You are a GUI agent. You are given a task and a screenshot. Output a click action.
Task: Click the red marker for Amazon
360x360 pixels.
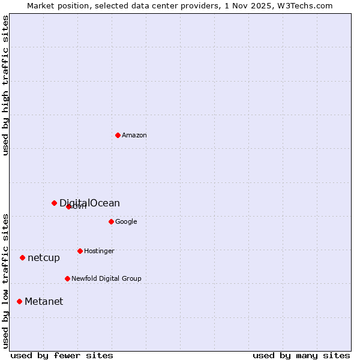(118, 135)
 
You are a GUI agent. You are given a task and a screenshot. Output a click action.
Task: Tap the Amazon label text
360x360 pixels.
(134, 136)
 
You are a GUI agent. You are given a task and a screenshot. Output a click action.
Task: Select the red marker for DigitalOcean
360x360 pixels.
(54, 203)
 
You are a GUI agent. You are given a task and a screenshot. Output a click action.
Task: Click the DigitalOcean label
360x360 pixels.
(89, 203)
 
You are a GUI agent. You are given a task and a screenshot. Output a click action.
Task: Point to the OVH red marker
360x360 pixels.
(68, 206)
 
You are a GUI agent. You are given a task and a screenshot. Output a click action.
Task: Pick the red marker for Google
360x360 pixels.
(111, 221)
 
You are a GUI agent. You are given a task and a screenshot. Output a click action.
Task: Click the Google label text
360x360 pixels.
(126, 222)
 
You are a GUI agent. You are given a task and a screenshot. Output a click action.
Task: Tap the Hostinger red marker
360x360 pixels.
(80, 251)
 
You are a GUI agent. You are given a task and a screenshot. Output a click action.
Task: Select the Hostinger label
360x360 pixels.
(99, 251)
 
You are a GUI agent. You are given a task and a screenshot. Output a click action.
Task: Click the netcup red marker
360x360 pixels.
(22, 257)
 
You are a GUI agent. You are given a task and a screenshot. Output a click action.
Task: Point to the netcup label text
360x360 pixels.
(44, 258)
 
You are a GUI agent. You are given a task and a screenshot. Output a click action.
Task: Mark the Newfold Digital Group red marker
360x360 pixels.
(67, 278)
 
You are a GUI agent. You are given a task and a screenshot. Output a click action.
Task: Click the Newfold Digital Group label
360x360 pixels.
(106, 279)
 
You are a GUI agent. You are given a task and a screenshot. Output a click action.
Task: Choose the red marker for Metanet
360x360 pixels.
(19, 301)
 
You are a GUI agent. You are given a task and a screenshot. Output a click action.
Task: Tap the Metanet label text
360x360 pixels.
(44, 302)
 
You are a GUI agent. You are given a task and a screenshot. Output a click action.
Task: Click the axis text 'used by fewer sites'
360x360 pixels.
(62, 355)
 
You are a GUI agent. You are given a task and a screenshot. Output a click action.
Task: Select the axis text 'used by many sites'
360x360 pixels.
(301, 355)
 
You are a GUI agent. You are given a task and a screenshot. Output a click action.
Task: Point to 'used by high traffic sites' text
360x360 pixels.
(5, 85)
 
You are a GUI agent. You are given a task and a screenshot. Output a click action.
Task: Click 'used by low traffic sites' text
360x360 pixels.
(5, 281)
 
